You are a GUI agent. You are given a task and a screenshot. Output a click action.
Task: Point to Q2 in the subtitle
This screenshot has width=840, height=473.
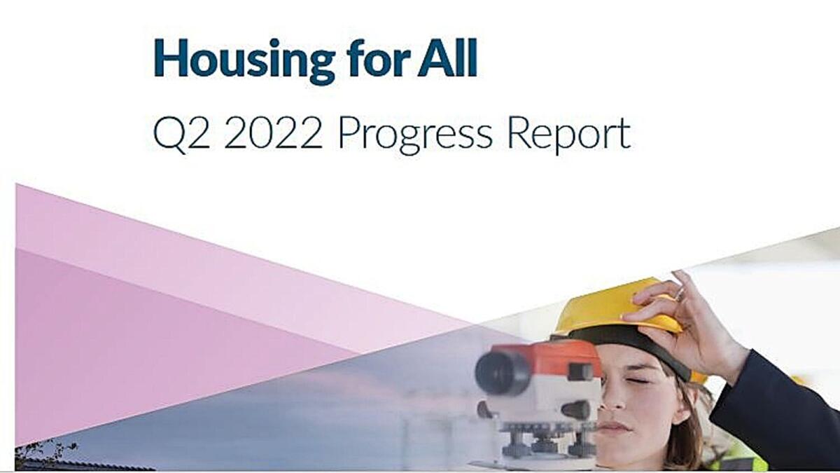[x=181, y=133]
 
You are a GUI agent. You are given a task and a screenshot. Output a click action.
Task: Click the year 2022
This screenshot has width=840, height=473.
[x=273, y=132]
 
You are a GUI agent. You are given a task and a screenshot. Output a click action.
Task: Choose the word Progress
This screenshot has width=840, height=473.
[x=415, y=135]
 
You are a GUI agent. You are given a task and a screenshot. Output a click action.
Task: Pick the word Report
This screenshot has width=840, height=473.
[x=569, y=135]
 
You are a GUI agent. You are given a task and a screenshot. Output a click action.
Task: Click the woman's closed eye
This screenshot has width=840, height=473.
[x=637, y=381]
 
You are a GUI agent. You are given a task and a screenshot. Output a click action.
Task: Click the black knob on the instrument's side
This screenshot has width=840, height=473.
[x=575, y=409]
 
